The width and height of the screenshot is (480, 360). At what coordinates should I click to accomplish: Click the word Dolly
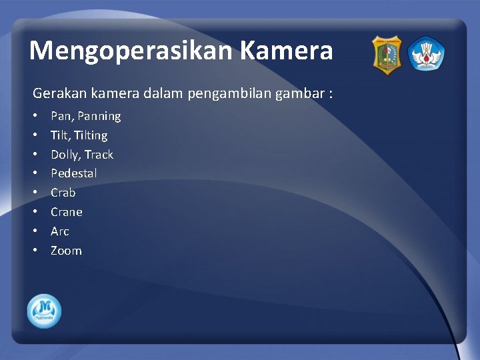coord(65,155)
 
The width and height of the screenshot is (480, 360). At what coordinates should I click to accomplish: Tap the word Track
coord(99,155)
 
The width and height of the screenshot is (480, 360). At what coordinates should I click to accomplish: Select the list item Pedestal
coord(74,173)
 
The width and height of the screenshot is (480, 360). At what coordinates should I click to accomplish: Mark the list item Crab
coord(63,193)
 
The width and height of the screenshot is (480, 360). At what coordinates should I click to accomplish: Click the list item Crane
coord(67,212)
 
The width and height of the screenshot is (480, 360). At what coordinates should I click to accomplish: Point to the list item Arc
coord(60,231)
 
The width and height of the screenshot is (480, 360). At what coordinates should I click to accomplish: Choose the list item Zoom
coord(66,251)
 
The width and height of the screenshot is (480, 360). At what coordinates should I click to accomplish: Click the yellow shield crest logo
coord(387,55)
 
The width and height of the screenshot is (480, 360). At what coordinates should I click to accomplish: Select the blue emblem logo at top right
coord(426,55)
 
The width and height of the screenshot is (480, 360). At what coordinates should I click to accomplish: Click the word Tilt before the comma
coord(60,135)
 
